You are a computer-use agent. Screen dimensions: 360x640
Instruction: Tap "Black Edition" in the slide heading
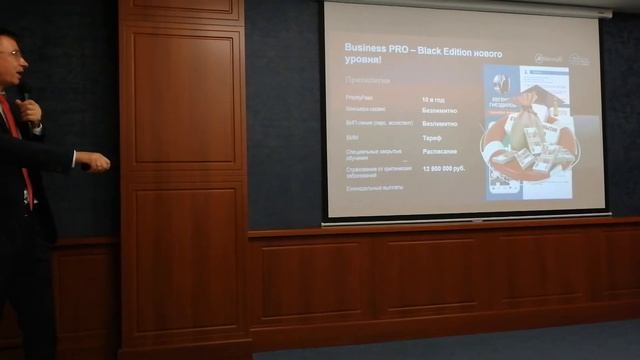coord(439,47)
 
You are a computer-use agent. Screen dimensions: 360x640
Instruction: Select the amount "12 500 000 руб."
coord(443,168)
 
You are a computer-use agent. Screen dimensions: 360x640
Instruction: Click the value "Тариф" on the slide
coord(433,137)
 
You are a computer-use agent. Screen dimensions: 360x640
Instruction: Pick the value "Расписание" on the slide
coord(439,151)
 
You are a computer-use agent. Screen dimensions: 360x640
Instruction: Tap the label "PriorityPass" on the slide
coord(359,97)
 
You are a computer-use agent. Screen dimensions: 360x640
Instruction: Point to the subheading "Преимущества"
coord(367,79)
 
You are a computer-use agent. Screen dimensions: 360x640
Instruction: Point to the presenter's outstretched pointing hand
coord(96,160)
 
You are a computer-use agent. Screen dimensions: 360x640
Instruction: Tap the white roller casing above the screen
coord(470,6)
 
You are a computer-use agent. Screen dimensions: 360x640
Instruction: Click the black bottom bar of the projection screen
coord(466,216)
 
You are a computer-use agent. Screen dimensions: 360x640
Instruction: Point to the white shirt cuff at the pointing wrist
coord(74,158)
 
